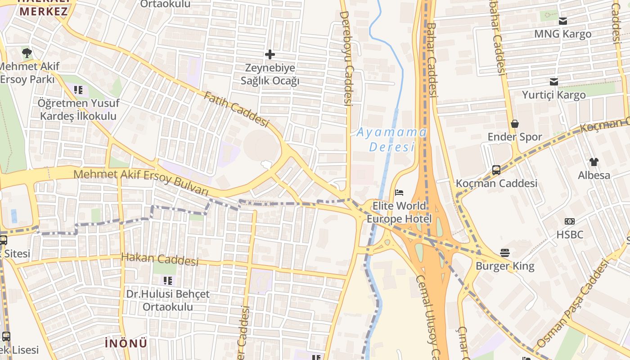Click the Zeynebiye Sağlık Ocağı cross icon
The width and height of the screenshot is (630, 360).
pos(270,55)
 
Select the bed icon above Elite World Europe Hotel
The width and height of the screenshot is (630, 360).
pos(399,193)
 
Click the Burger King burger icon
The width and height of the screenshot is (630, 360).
pos(505,253)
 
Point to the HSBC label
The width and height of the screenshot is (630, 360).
pos(570,234)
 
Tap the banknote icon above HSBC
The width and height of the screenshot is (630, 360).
pos(570,221)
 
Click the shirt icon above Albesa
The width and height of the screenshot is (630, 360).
pos(594,162)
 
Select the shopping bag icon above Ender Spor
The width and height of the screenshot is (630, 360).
pos(515,124)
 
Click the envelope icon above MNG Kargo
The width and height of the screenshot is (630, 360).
pos(563,21)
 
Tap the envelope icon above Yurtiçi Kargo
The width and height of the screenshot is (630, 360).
pos(554,81)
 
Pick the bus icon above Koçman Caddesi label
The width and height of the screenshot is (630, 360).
pos(496,170)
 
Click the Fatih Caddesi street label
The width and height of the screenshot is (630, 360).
pos(236,109)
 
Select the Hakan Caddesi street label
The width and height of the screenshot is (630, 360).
pos(160,259)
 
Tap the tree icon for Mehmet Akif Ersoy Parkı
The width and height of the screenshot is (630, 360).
pos(27,53)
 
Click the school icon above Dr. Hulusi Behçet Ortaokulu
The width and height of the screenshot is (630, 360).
pos(168,281)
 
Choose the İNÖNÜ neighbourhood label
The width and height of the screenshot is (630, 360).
pos(126,343)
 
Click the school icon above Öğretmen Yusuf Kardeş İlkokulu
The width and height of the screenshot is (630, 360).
pos(79,90)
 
